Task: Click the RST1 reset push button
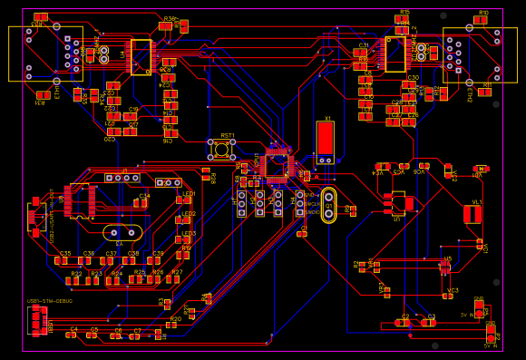221,149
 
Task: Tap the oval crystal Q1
328,205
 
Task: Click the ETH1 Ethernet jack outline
44,54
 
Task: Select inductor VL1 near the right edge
472,214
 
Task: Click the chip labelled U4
141,56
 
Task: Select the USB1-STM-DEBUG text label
50,300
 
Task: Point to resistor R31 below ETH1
43,94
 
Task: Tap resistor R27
176,279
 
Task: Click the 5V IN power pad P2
491,333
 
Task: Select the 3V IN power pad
479,309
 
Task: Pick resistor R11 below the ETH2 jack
485,91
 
